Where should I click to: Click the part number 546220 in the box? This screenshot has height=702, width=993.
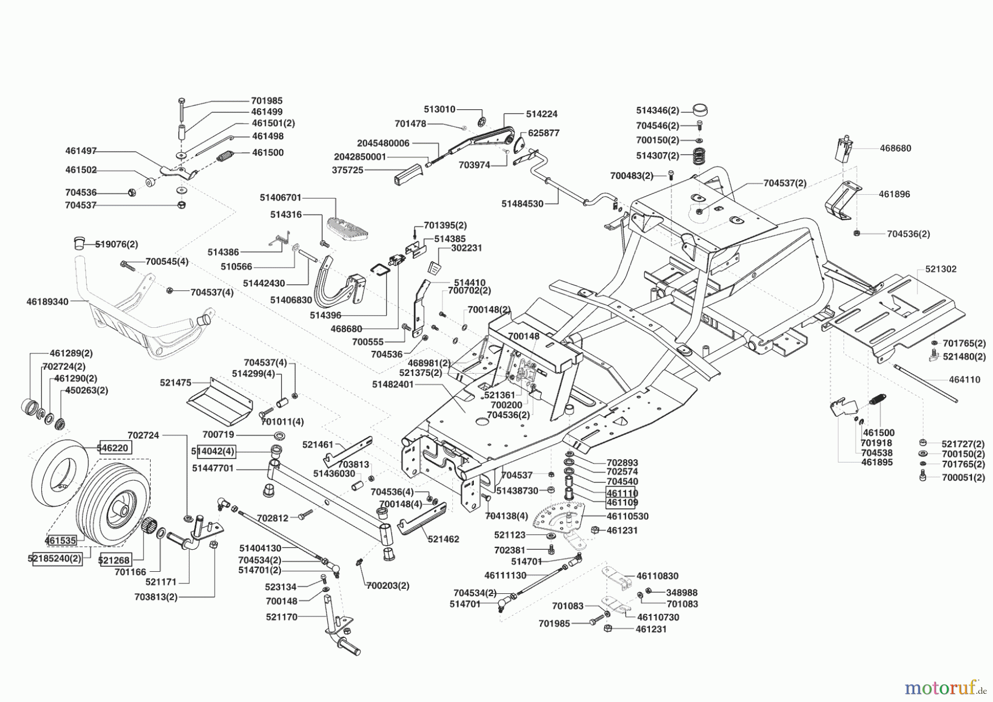tap(115, 448)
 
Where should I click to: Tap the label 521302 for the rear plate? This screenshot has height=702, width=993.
tap(941, 269)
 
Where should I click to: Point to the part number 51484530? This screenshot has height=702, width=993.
tap(522, 204)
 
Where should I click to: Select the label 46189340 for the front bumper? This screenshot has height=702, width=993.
tap(47, 302)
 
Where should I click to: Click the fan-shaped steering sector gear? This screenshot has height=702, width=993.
tap(557, 517)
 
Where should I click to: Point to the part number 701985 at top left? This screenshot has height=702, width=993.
tap(266, 100)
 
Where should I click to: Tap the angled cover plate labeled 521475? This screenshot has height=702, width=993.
tap(220, 398)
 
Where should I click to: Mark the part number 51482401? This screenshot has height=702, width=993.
tap(392, 384)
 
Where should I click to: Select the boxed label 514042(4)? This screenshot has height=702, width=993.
tap(213, 451)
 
